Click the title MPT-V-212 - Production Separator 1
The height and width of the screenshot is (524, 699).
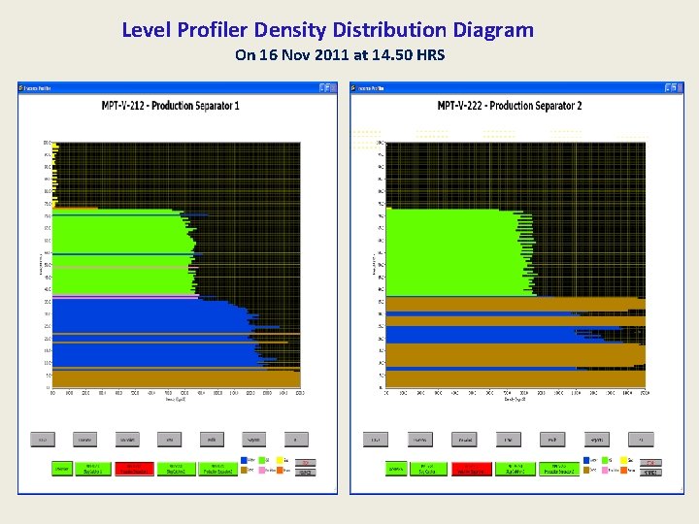click(x=171, y=105)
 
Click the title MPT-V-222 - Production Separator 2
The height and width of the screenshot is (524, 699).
click(x=510, y=105)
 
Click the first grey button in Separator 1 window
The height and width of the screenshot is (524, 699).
click(x=44, y=440)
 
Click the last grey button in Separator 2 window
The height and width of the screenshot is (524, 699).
click(x=641, y=440)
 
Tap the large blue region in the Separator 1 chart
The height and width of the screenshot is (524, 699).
click(x=146, y=335)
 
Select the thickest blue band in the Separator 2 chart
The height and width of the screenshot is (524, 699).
click(x=485, y=335)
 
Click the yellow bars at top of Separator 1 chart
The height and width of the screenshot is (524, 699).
click(x=56, y=175)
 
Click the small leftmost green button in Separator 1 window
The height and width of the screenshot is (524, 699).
click(x=61, y=468)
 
